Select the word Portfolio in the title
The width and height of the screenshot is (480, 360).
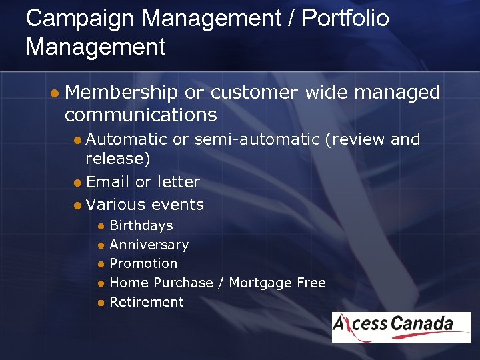click(345, 19)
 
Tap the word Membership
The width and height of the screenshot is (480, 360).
click(122, 92)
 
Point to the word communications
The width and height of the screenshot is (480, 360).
click(141, 115)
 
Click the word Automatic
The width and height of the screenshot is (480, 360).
click(126, 139)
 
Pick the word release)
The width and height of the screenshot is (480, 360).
click(118, 159)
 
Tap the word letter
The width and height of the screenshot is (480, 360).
click(177, 182)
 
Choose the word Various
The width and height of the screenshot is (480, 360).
click(116, 205)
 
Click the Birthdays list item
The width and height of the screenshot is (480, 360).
click(141, 226)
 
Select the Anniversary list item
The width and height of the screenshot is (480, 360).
click(149, 245)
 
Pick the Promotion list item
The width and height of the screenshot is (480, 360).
click(143, 263)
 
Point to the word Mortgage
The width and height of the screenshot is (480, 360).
click(261, 283)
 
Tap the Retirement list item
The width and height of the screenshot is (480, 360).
click(146, 302)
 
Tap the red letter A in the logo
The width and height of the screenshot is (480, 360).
click(341, 325)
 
